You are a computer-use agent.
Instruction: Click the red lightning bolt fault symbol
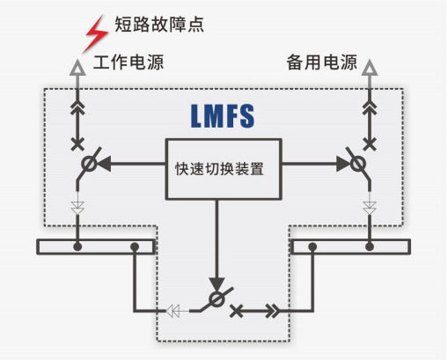coord(96,34)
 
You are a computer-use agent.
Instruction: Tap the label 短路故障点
coord(159,24)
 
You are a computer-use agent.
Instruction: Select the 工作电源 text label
coord(129,62)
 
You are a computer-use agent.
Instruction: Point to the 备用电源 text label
coord(321,62)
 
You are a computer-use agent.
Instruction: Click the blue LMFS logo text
coord(223,116)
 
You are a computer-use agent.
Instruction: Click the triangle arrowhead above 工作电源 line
coord(77,68)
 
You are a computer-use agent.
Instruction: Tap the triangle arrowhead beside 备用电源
coord(370,68)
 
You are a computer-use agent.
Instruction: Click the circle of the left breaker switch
coord(89,164)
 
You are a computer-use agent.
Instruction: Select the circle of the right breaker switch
coord(358,164)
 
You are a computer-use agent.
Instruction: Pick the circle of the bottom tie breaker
coord(217,299)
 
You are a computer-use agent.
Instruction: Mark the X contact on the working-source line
coord(77,144)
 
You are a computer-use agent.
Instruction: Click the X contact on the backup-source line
coord(370,144)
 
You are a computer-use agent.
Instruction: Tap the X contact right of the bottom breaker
coord(236,312)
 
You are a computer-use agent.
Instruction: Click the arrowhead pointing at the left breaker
coord(104,164)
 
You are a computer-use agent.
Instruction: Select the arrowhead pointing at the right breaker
coord(343,164)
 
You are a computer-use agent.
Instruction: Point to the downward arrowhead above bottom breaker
coord(217,284)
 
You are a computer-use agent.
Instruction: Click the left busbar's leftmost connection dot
coord(77,246)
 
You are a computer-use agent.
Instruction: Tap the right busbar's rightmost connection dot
coord(370,246)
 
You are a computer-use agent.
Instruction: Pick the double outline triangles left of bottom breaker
coord(173,311)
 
